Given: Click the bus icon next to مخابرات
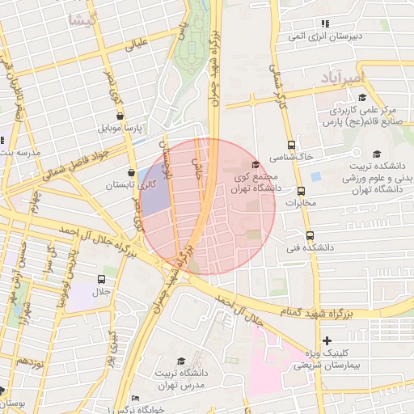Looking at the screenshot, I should click(302, 192).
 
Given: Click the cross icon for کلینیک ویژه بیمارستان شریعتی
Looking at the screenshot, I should click(327, 340).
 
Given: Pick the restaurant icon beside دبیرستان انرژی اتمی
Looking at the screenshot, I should click(326, 24).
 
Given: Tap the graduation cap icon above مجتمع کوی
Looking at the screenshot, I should click(256, 164).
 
